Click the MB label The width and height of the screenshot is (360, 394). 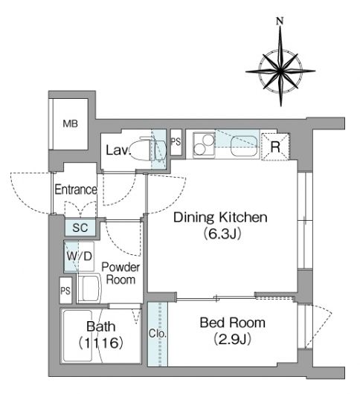[70, 123]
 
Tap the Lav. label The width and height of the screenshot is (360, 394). [118, 150]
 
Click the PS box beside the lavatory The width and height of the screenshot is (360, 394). [176, 142]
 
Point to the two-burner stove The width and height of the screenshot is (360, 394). [204, 145]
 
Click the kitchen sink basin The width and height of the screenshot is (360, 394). [244, 146]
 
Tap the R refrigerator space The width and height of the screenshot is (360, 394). [275, 146]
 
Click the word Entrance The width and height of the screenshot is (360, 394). [76, 190]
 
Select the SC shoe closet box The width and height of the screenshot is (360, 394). [80, 227]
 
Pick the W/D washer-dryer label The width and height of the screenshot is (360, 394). [79, 256]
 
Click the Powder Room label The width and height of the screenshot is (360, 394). [120, 273]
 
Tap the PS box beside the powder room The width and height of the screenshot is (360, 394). [65, 290]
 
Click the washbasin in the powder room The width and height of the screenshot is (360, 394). [89, 288]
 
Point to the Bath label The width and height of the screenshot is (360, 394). [101, 326]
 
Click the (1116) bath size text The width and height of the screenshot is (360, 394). [101, 343]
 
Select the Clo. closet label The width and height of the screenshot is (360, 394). [158, 333]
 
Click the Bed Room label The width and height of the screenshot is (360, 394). [233, 323]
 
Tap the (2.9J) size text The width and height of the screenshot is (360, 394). [233, 339]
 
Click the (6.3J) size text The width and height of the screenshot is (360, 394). [222, 233]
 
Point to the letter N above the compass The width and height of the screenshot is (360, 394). [280, 21]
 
